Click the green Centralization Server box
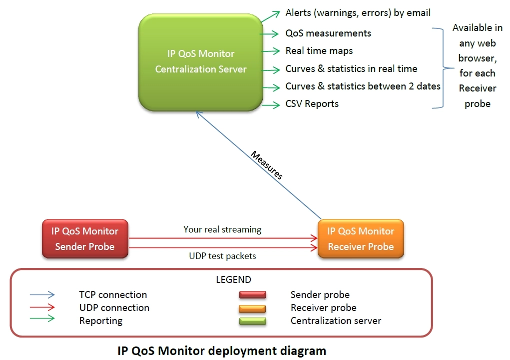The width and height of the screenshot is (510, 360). (201, 62)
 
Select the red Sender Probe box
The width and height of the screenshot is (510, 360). (85, 238)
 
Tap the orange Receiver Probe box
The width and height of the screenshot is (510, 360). (361, 238)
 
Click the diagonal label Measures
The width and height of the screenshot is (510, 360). (267, 165)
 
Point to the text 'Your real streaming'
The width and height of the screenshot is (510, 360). (222, 229)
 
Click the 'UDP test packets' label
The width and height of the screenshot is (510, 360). (222, 256)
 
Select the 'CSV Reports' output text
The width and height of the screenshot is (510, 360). (312, 104)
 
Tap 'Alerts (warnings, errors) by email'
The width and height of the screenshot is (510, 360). (358, 12)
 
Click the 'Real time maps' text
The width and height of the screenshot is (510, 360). (319, 51)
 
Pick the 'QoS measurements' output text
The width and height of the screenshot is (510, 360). (328, 33)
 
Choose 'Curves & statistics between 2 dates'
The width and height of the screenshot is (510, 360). (363, 86)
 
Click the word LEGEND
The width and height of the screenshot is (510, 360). (234, 279)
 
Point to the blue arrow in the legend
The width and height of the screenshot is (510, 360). (42, 294)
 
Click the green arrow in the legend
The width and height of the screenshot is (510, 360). (42, 318)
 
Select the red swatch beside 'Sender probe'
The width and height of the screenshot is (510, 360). (253, 294)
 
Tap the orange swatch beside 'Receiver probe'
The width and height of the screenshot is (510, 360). (252, 308)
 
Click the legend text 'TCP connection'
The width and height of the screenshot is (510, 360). (113, 295)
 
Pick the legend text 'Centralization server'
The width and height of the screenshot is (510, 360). (336, 321)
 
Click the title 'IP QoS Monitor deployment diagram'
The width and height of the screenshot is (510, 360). (222, 351)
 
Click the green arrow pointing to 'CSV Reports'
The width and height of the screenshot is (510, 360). (271, 105)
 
